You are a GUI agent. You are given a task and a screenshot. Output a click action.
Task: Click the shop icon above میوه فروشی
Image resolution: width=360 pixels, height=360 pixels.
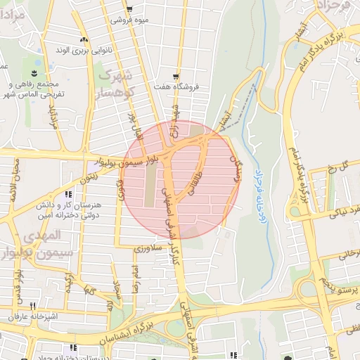[x=129, y=9]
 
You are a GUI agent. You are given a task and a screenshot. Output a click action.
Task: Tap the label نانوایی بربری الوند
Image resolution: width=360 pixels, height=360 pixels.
[x=84, y=51]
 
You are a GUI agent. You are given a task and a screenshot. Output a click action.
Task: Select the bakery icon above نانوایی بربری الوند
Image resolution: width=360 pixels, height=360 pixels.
[x=84, y=39]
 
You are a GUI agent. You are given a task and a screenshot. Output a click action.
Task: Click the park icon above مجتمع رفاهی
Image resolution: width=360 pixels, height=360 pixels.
[x=35, y=72]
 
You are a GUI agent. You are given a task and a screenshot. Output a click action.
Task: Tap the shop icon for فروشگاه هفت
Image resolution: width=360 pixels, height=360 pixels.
[x=175, y=77]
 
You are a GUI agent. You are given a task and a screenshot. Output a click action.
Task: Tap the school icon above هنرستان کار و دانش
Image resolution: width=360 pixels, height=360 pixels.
[x=67, y=194]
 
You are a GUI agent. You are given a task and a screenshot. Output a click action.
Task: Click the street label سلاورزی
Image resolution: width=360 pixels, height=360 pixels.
[x=150, y=249]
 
